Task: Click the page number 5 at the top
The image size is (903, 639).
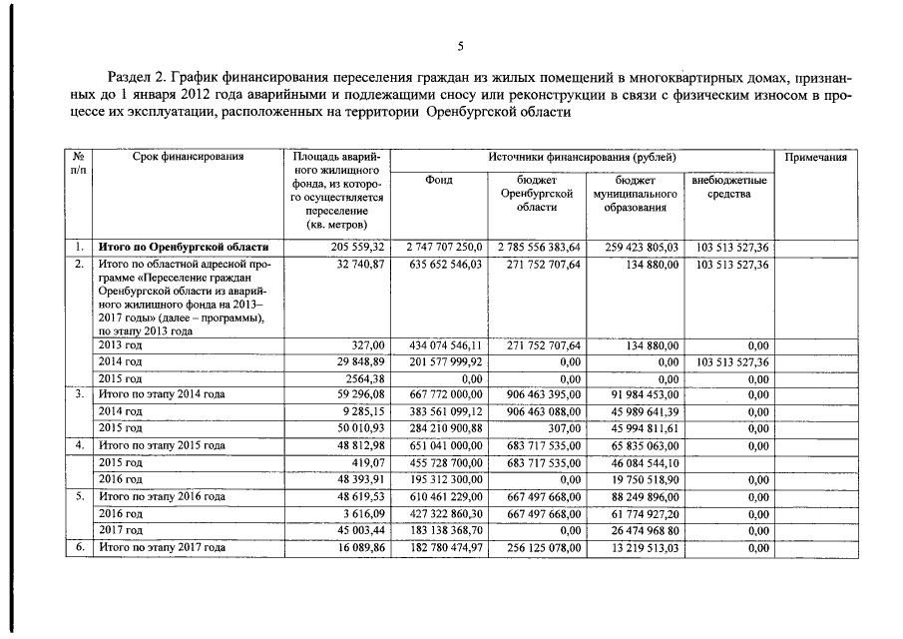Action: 460,46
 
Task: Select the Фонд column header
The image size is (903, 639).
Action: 438,181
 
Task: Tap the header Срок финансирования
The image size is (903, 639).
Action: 188,157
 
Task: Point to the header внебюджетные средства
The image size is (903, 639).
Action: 728,187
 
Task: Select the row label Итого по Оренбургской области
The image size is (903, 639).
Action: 183,246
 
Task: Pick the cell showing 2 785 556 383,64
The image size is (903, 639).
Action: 539,246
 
